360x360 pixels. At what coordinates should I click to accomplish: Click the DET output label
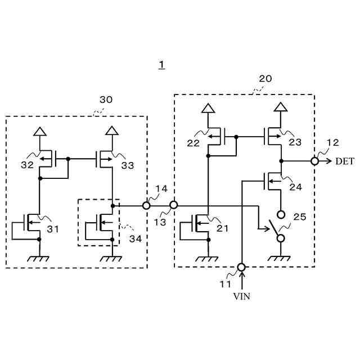(x=345, y=161)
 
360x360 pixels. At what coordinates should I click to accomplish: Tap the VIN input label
(x=241, y=296)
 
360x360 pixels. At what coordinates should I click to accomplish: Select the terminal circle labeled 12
(x=314, y=161)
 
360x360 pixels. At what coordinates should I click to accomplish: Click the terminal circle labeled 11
(x=241, y=267)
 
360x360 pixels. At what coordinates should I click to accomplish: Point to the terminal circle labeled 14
(x=146, y=206)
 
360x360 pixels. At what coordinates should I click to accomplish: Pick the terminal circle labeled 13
(x=174, y=206)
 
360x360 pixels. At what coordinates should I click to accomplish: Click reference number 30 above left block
(x=106, y=100)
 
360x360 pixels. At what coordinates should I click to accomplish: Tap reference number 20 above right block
(x=265, y=79)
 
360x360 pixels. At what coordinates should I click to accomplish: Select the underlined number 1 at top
(x=161, y=65)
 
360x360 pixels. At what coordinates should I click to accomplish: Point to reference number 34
(x=135, y=239)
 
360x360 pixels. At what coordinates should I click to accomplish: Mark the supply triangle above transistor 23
(x=280, y=107)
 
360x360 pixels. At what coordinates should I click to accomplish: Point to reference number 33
(x=128, y=165)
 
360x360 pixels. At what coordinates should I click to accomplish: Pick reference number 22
(x=193, y=143)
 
